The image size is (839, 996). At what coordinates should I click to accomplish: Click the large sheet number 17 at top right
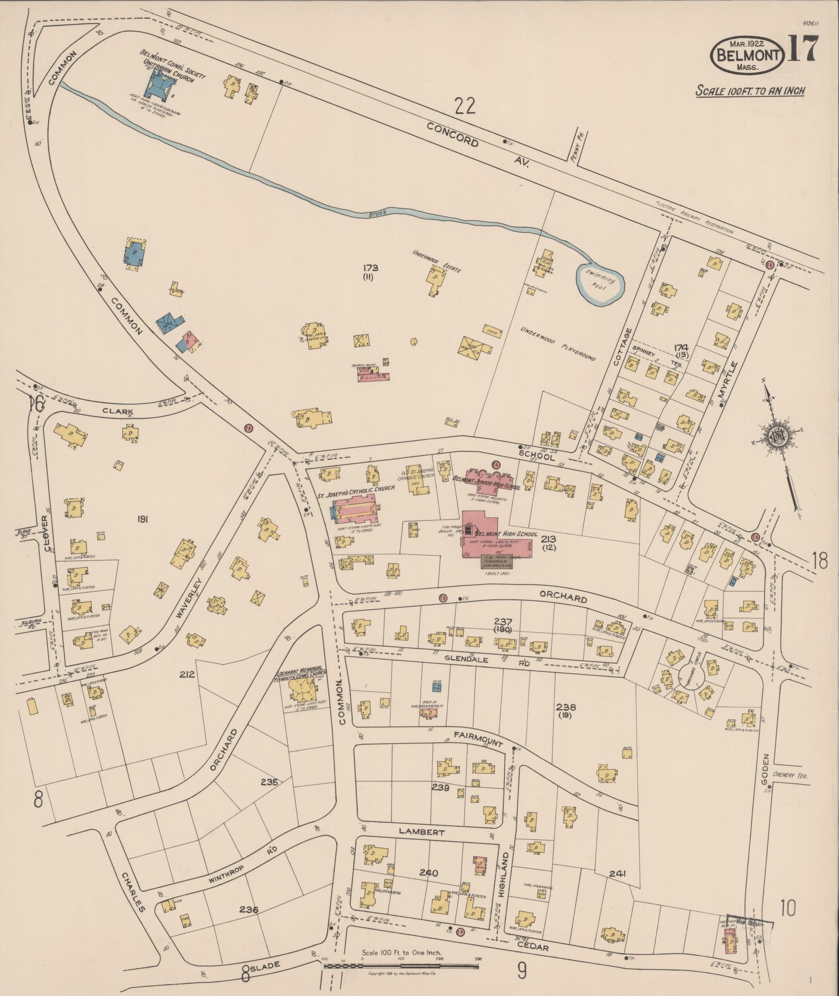pos(802,49)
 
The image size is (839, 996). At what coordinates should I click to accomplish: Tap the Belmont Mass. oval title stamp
pos(748,54)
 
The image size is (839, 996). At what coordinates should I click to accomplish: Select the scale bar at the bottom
pos(401,967)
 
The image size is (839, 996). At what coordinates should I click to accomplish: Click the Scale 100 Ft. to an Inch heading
pos(750,91)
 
